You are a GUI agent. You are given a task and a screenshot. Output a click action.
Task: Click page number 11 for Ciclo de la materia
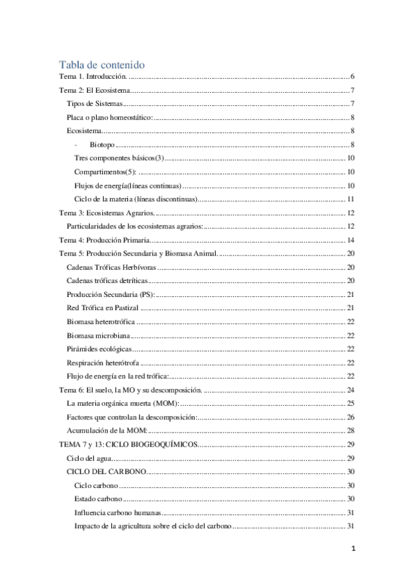[x=351, y=199]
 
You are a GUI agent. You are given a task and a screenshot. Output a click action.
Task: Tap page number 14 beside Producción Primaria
[x=351, y=240]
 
